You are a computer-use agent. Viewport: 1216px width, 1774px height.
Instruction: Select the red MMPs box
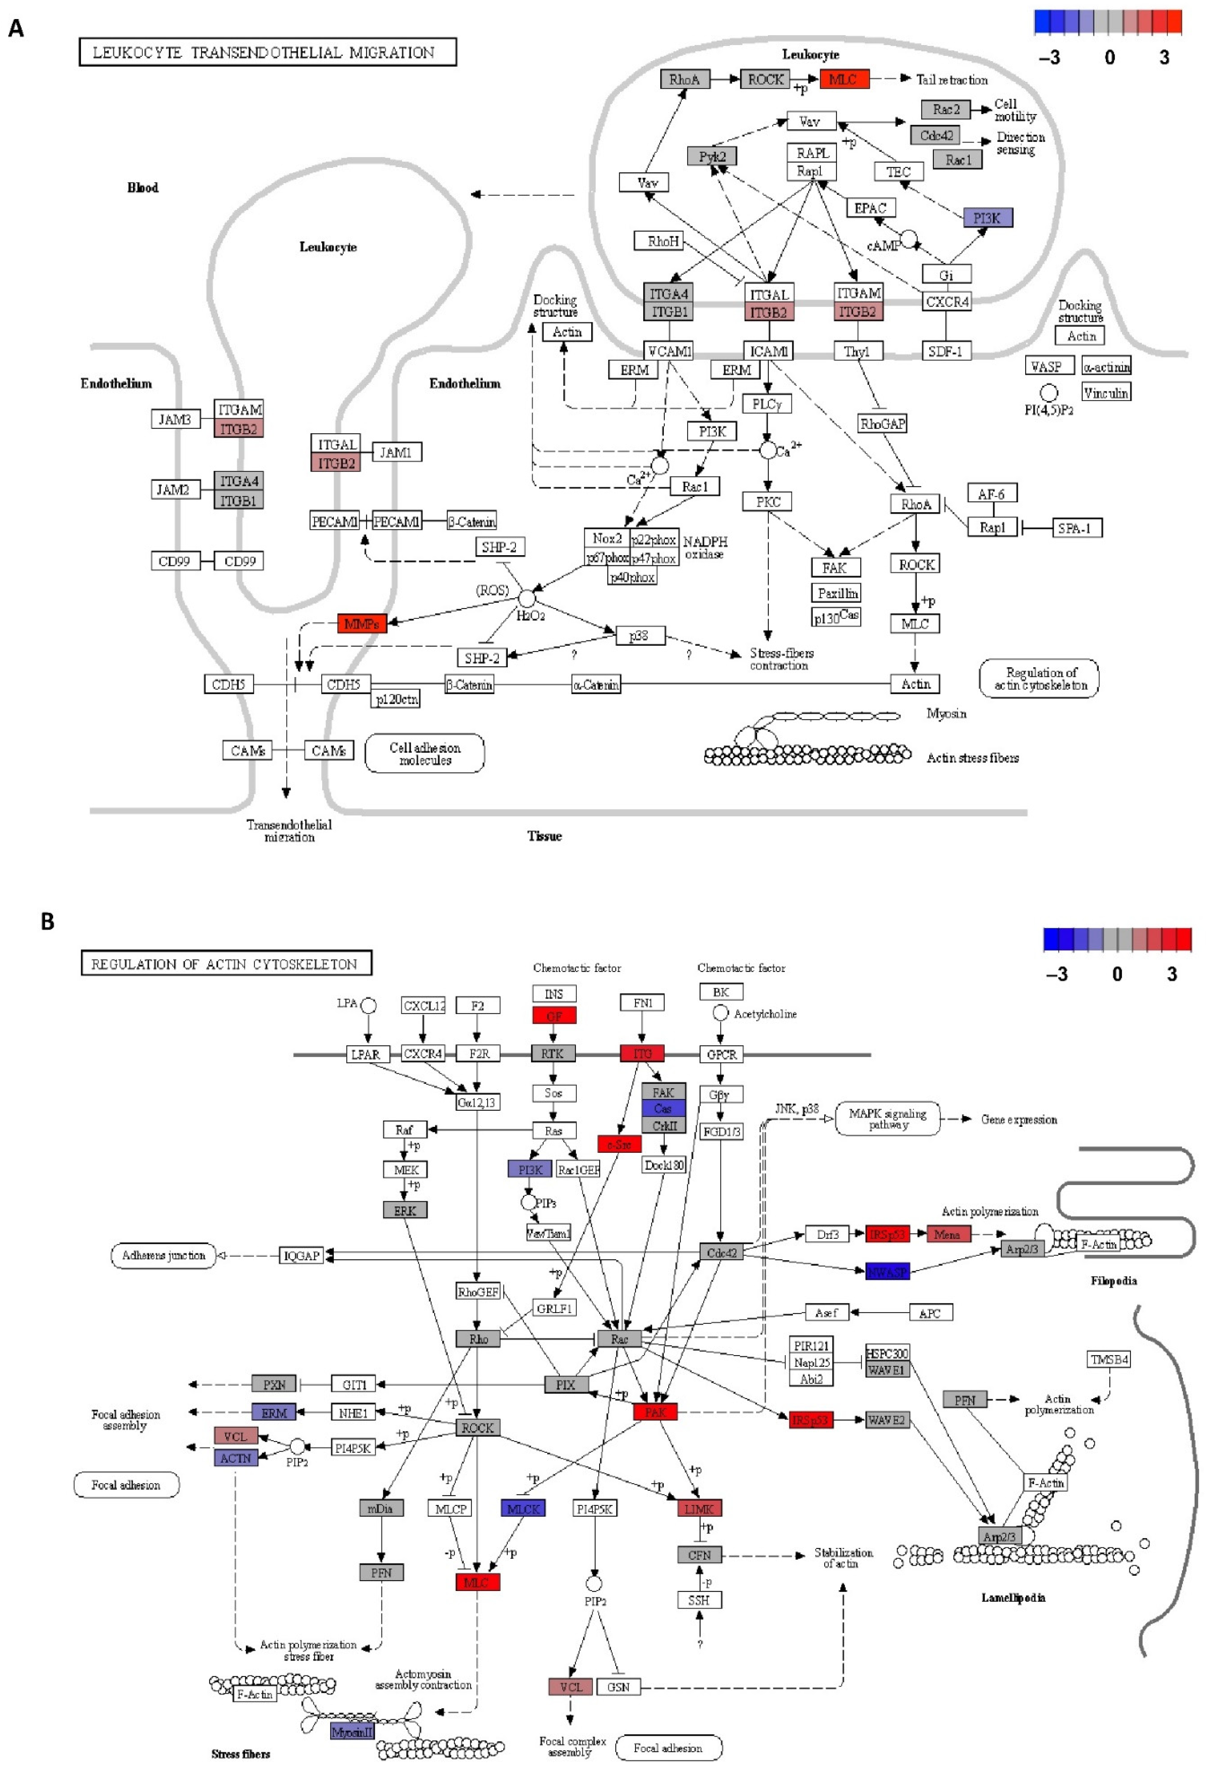coord(362,624)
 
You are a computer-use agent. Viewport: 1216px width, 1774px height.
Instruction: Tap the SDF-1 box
coord(945,351)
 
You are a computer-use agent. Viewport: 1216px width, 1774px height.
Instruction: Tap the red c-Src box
coord(619,1144)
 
